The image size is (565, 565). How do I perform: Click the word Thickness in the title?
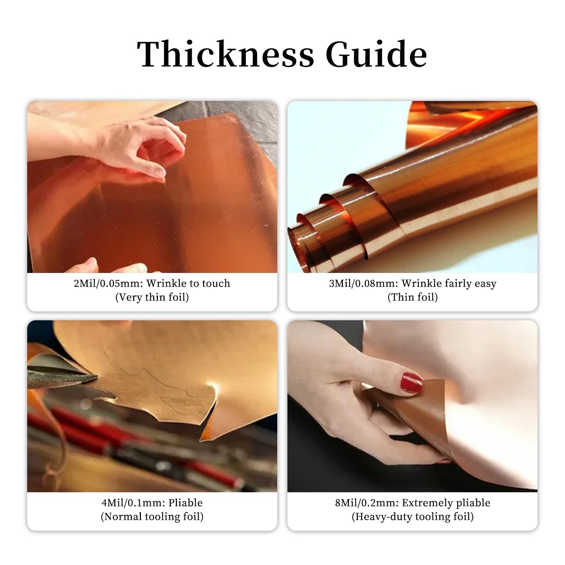coord(225,54)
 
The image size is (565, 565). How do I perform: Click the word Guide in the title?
coord(376,54)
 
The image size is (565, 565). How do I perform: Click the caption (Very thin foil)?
coord(152,297)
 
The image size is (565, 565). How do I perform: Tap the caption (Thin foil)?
coord(412,297)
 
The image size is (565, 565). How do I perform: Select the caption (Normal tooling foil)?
coord(152,517)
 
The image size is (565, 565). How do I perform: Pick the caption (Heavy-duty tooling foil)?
coord(412,517)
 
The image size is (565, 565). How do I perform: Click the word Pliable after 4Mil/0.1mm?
coord(185,502)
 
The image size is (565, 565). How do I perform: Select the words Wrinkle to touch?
coord(188,283)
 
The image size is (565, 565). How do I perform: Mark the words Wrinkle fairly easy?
coord(449,283)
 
